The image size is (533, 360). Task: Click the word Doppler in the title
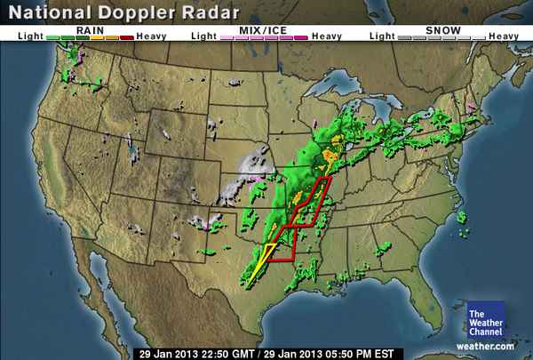click(139, 13)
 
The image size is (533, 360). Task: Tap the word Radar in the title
click(211, 13)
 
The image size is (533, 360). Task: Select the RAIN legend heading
click(88, 29)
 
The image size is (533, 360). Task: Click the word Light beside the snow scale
click(380, 36)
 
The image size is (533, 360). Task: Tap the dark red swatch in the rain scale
click(124, 37)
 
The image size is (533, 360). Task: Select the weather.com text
click(487, 346)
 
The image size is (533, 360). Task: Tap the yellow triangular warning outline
click(258, 261)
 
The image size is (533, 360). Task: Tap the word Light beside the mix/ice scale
click(203, 36)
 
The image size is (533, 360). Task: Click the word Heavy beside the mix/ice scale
click(327, 36)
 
